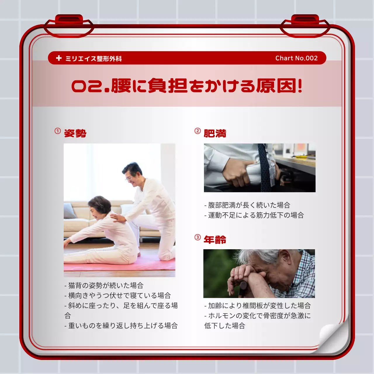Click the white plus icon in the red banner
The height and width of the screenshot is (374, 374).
click(x=59, y=58)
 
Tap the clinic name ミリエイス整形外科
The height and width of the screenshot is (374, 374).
click(x=93, y=58)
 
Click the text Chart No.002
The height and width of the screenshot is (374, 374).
click(x=296, y=58)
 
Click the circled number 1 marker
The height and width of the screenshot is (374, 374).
click(x=58, y=131)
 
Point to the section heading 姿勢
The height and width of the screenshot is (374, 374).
click(x=75, y=134)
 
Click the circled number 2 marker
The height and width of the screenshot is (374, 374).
click(x=198, y=131)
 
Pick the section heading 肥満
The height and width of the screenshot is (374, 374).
click(x=215, y=134)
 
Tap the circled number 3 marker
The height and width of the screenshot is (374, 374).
click(x=198, y=237)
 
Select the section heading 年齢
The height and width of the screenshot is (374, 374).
click(x=215, y=240)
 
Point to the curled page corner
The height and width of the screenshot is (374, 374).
click(x=333, y=336)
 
